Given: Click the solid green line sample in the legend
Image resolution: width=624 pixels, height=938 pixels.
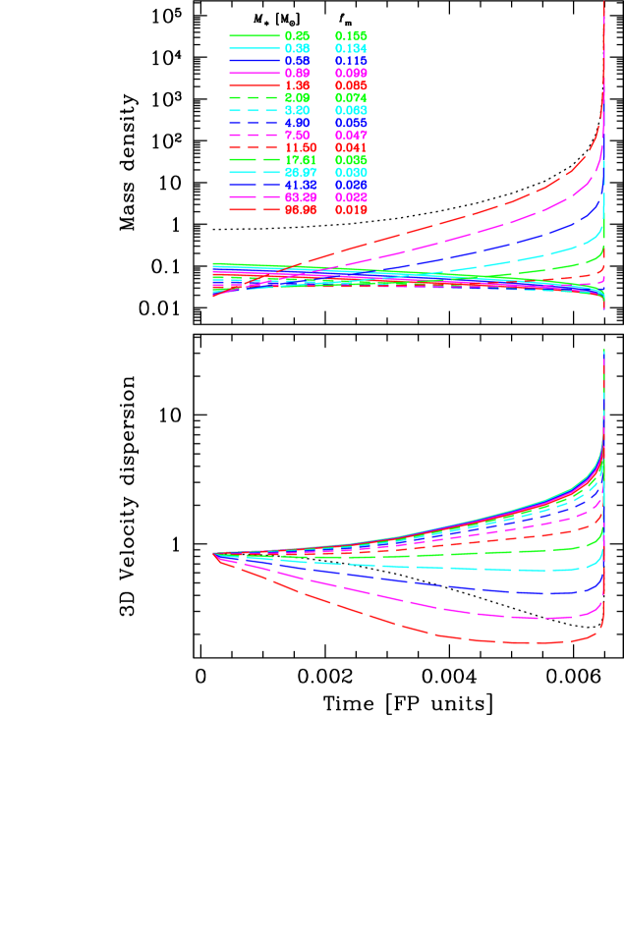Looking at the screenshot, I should (x=254, y=36).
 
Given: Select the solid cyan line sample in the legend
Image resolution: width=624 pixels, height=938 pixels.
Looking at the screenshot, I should (x=254, y=48).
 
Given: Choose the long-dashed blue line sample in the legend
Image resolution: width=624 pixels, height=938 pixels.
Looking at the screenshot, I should (x=254, y=185).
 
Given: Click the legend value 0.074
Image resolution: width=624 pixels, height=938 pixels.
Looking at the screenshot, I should (x=351, y=98).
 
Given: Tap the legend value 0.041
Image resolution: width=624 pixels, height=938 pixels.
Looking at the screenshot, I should (x=351, y=147).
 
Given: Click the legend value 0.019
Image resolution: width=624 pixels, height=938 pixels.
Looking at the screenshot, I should (x=351, y=209).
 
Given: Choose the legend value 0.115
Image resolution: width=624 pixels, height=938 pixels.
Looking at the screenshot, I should (x=351, y=61).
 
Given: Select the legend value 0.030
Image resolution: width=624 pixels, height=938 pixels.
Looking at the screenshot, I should (x=351, y=173).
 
